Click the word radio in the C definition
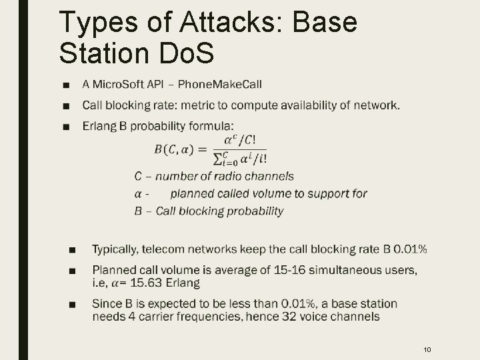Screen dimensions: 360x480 [x=213, y=177]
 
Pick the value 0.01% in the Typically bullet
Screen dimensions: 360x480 [x=411, y=249]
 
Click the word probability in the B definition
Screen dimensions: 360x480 [x=252, y=211]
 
